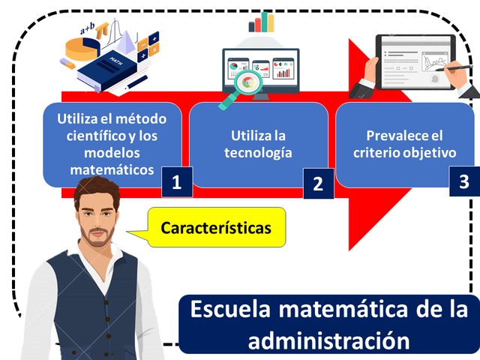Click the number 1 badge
click(x=176, y=182)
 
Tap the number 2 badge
click(x=317, y=184)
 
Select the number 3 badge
click(x=464, y=181)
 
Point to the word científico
click(x=97, y=136)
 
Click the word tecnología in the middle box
click(x=259, y=154)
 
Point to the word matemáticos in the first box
click(x=112, y=170)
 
